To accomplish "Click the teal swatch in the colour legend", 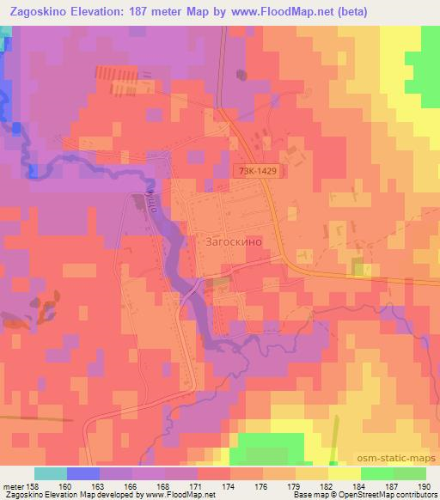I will click(51, 474).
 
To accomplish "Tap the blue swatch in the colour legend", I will click(83, 474).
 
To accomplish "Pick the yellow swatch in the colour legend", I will click(345, 474).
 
